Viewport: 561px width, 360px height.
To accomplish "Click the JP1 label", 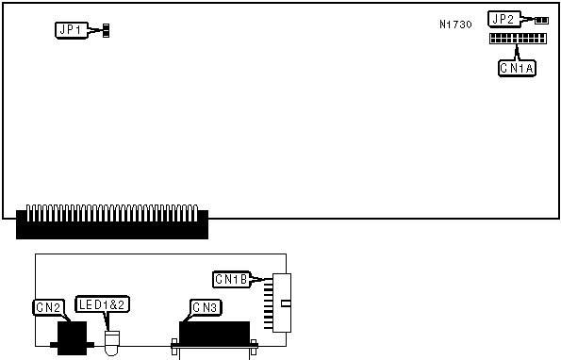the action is point(72,30).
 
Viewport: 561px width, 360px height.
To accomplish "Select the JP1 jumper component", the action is point(106,31).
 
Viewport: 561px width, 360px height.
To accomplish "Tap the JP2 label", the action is point(504,19).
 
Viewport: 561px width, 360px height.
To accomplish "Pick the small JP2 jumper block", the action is point(542,21).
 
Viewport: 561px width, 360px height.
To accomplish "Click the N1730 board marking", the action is point(455,25).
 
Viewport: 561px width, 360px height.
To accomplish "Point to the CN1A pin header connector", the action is point(518,39).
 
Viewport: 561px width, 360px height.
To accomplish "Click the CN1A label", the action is point(517,68).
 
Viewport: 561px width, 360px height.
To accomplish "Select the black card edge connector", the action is point(112,222).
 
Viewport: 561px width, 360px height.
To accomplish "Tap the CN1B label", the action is point(232,279).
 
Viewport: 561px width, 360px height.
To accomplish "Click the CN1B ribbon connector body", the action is point(282,303).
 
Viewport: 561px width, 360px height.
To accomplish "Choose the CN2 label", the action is point(49,307).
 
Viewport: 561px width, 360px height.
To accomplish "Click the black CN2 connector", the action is point(73,338).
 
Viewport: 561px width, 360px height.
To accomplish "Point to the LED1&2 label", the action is point(102,304).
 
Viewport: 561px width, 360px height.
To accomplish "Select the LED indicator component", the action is point(111,343).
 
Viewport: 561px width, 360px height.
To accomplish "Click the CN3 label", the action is point(206,307).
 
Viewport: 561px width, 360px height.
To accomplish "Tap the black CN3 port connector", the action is point(214,334).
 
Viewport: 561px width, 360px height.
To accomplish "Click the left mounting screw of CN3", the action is point(174,347).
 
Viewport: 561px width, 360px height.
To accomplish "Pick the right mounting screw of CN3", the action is point(254,347).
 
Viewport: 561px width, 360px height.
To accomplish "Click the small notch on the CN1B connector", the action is point(286,303).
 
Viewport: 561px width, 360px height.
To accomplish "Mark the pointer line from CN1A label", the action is point(517,52).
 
